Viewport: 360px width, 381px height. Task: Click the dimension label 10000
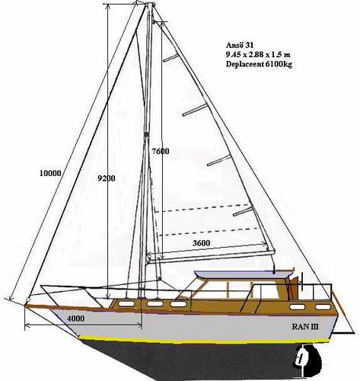click(50, 173)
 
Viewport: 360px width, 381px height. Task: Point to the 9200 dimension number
click(107, 178)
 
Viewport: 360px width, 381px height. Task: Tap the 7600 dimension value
click(161, 152)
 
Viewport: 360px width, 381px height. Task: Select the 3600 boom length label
click(202, 243)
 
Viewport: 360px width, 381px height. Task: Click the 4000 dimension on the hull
click(75, 318)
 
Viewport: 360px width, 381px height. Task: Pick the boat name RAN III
click(305, 326)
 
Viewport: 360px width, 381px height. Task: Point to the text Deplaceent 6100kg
click(259, 64)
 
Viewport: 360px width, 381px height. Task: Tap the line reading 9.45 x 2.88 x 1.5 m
click(258, 55)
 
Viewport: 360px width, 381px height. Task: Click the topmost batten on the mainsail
click(170, 58)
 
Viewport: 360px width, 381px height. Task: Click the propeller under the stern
click(302, 360)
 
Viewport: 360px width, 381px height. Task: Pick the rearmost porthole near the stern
click(322, 307)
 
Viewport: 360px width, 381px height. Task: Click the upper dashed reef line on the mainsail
click(201, 208)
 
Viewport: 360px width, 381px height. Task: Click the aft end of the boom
click(273, 251)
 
